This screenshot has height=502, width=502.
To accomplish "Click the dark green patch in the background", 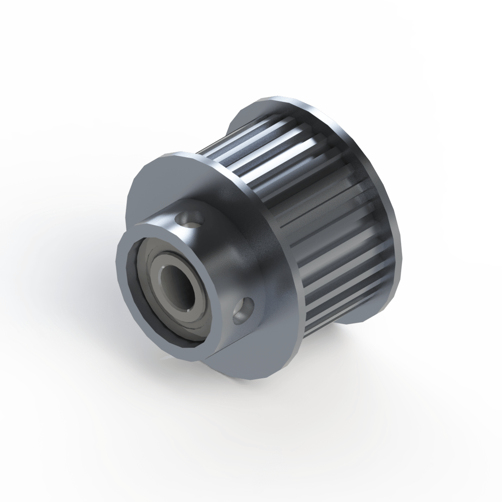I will coord(465,116).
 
